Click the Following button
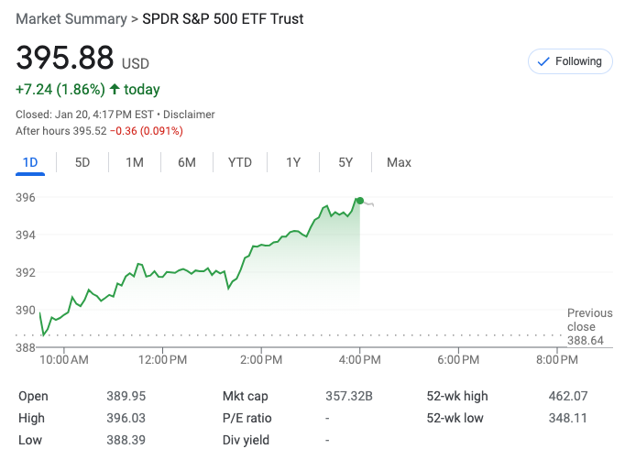(570, 61)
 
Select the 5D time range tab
(82, 162)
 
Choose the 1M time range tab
(135, 162)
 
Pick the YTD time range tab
(240, 162)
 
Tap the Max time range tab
(399, 162)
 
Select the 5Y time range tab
(345, 162)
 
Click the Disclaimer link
(189, 115)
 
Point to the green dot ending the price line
(360, 201)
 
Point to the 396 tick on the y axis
(26, 197)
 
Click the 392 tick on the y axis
(26, 272)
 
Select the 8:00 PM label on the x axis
(556, 359)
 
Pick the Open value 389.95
(126, 396)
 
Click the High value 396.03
(126, 418)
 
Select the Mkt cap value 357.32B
(349, 396)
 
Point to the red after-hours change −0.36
(124, 131)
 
